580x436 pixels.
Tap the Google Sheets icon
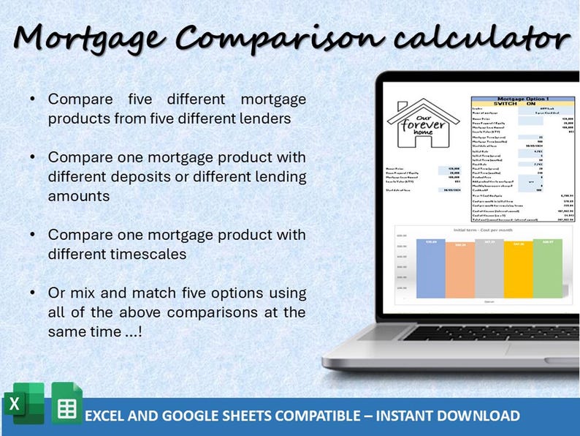(x=66, y=404)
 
